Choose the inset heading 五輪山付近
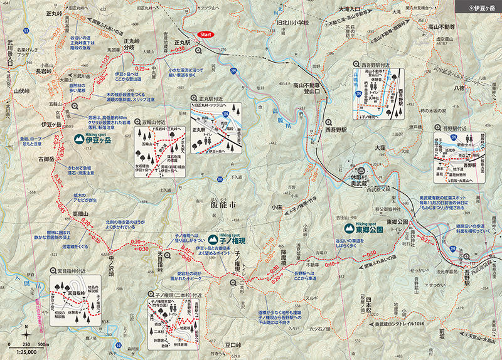tap(154, 123)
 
